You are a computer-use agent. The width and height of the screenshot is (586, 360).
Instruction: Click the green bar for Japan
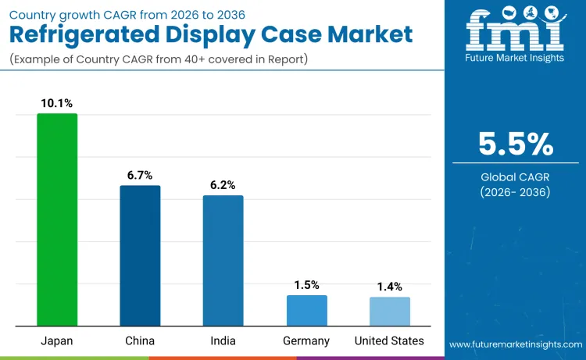pyautogui.click(x=57, y=219)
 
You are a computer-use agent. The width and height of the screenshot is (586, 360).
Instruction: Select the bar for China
pyautogui.click(x=140, y=255)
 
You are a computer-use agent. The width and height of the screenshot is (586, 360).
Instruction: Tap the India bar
pyautogui.click(x=223, y=260)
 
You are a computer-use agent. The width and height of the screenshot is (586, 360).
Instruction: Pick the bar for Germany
pyautogui.click(x=306, y=310)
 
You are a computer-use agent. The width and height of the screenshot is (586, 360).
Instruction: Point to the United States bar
pyautogui.click(x=389, y=311)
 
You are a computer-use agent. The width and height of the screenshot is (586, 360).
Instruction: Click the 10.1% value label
pyautogui.click(x=57, y=103)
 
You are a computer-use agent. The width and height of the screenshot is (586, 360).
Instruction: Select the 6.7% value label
pyautogui.click(x=140, y=175)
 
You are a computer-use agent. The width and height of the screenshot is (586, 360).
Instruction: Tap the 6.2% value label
pyautogui.click(x=223, y=185)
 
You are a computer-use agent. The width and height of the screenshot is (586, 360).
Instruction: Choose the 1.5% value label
pyautogui.click(x=306, y=285)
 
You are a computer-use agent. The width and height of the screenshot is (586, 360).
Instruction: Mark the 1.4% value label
pyautogui.click(x=389, y=287)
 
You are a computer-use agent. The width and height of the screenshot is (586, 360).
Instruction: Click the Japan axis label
pyautogui.click(x=57, y=340)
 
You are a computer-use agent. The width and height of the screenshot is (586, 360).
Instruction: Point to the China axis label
pyautogui.click(x=140, y=340)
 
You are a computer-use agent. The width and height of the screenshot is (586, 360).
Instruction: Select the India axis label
pyautogui.click(x=223, y=340)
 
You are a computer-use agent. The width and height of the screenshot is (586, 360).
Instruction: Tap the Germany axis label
pyautogui.click(x=306, y=340)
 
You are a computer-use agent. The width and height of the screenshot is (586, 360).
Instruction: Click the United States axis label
pyautogui.click(x=389, y=340)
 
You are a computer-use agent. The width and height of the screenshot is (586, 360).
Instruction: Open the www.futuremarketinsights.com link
pyautogui.click(x=516, y=344)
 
